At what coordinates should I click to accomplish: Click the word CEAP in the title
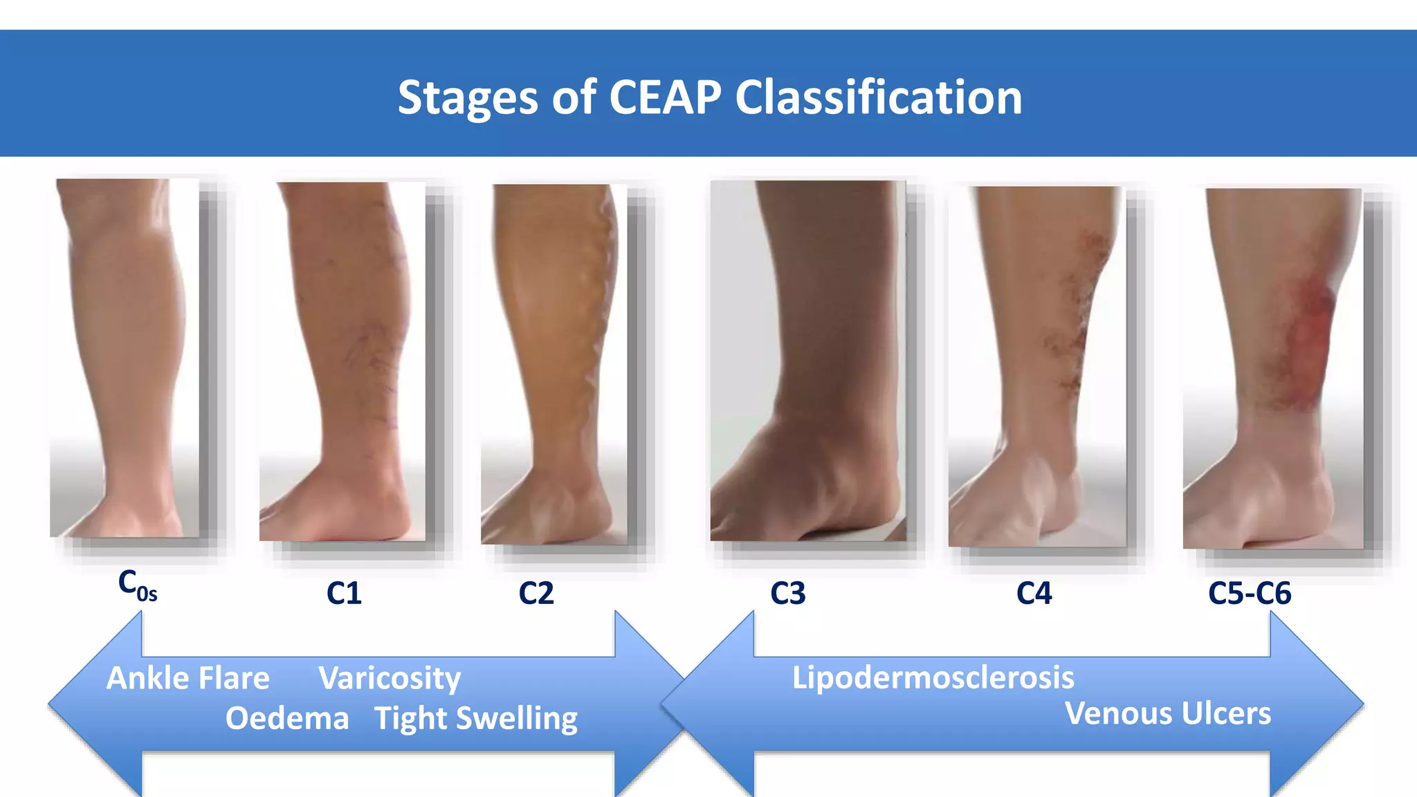point(665,97)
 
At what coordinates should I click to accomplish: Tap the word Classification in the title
point(878,97)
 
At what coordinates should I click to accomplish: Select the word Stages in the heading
point(468,97)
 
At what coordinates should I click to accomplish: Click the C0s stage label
point(137,585)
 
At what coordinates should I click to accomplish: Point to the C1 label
point(344,594)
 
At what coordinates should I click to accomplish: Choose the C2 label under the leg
point(536,594)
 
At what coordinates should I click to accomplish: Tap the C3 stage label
point(788,594)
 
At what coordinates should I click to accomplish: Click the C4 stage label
point(1034,594)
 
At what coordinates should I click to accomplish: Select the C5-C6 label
point(1250,594)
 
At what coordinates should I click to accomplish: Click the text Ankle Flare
point(188,678)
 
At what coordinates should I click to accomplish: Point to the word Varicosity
point(390,678)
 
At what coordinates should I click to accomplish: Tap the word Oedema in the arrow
point(287,718)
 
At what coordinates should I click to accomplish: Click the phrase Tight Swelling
point(476,718)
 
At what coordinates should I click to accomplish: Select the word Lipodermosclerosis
point(933,677)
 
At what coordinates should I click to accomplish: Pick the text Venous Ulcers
point(1168,713)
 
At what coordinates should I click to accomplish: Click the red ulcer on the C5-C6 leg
point(1308,332)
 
